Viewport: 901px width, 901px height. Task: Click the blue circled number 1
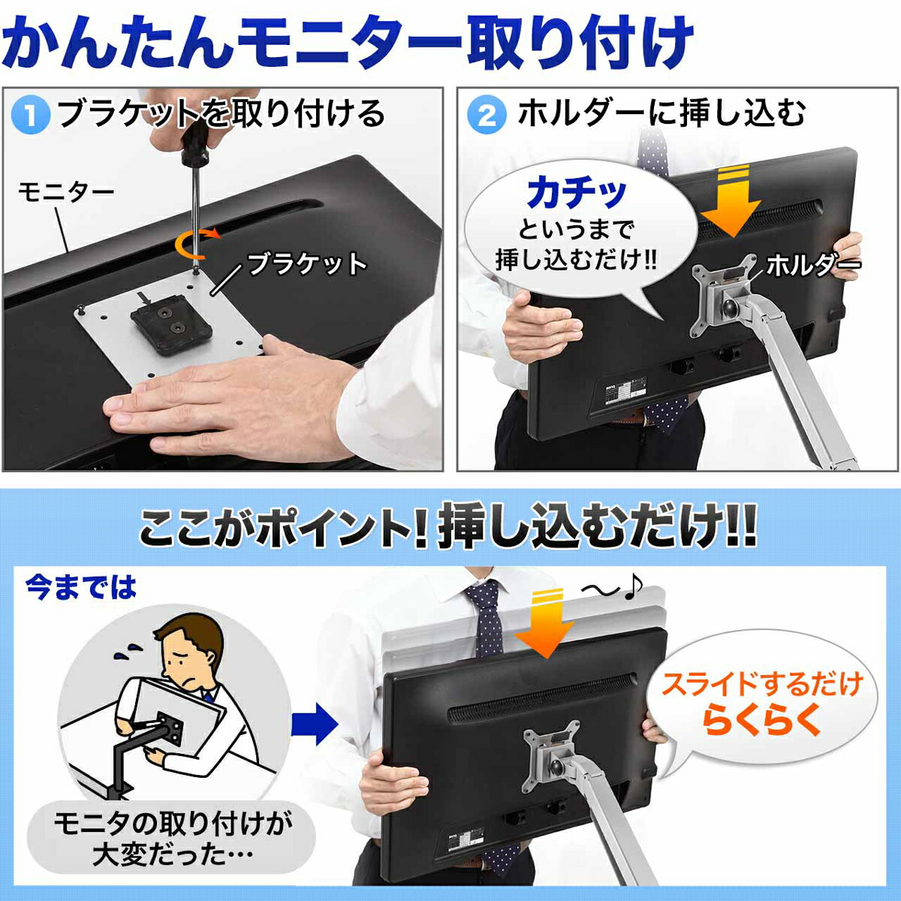point(32,116)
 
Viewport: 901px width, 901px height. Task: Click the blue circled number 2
point(487,116)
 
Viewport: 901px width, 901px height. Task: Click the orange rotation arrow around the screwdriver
point(197,242)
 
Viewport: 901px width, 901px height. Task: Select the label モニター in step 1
point(66,192)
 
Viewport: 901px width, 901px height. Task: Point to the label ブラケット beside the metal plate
point(306,264)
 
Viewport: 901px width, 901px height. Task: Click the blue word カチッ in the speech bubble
point(577,194)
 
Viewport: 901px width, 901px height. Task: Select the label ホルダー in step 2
point(812,264)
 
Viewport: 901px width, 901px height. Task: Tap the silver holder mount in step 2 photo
point(722,297)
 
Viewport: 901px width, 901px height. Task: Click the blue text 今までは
point(81,587)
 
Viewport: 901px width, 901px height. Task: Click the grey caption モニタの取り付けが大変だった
point(172,838)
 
